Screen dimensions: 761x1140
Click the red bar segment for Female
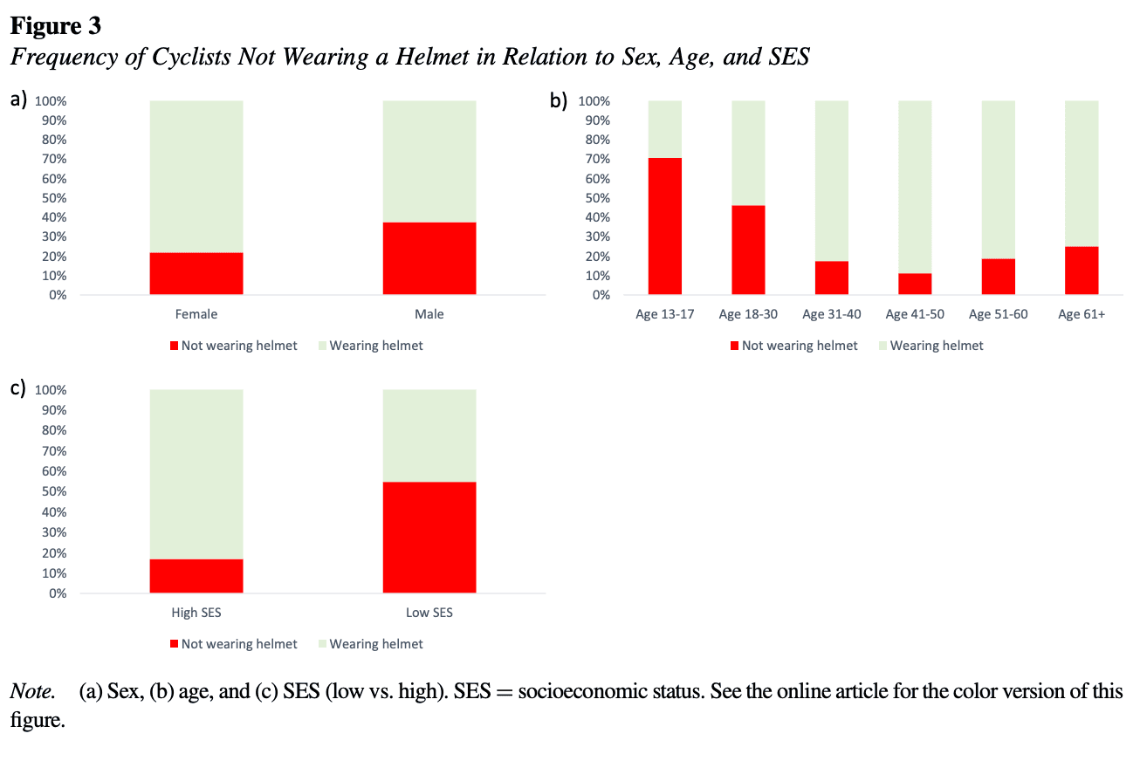tap(196, 273)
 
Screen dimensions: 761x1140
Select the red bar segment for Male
tap(429, 258)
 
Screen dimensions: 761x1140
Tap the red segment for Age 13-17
tap(664, 226)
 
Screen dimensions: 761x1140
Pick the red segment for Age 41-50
tap(915, 285)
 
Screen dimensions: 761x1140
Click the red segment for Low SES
tap(429, 538)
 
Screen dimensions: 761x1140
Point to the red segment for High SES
tap(196, 576)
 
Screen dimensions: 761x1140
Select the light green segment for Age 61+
tap(1082, 173)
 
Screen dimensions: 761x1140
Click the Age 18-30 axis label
tap(748, 314)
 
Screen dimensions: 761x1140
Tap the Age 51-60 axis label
tap(999, 314)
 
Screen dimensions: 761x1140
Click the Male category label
tap(429, 314)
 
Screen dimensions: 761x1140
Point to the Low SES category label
tap(429, 613)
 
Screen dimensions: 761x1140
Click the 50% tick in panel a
tap(54, 198)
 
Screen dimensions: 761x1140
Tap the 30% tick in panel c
tap(54, 532)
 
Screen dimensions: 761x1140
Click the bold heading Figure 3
tap(56, 26)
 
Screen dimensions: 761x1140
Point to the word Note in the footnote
tap(31, 692)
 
